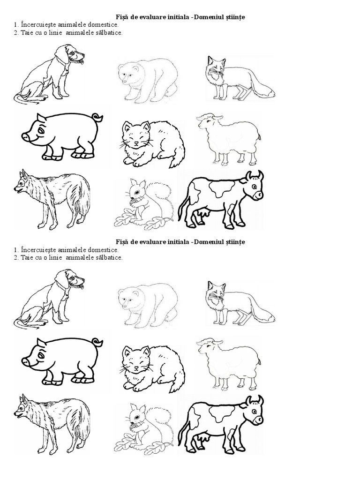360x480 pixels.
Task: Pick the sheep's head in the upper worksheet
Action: pyautogui.click(x=206, y=121)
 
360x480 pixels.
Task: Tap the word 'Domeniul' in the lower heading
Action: pyautogui.click(x=209, y=242)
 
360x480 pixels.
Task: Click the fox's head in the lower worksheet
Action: pyautogui.click(x=216, y=292)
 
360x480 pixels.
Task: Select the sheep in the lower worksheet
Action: pyautogui.click(x=228, y=363)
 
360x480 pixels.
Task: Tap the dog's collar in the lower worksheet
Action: pyautogui.click(x=64, y=287)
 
